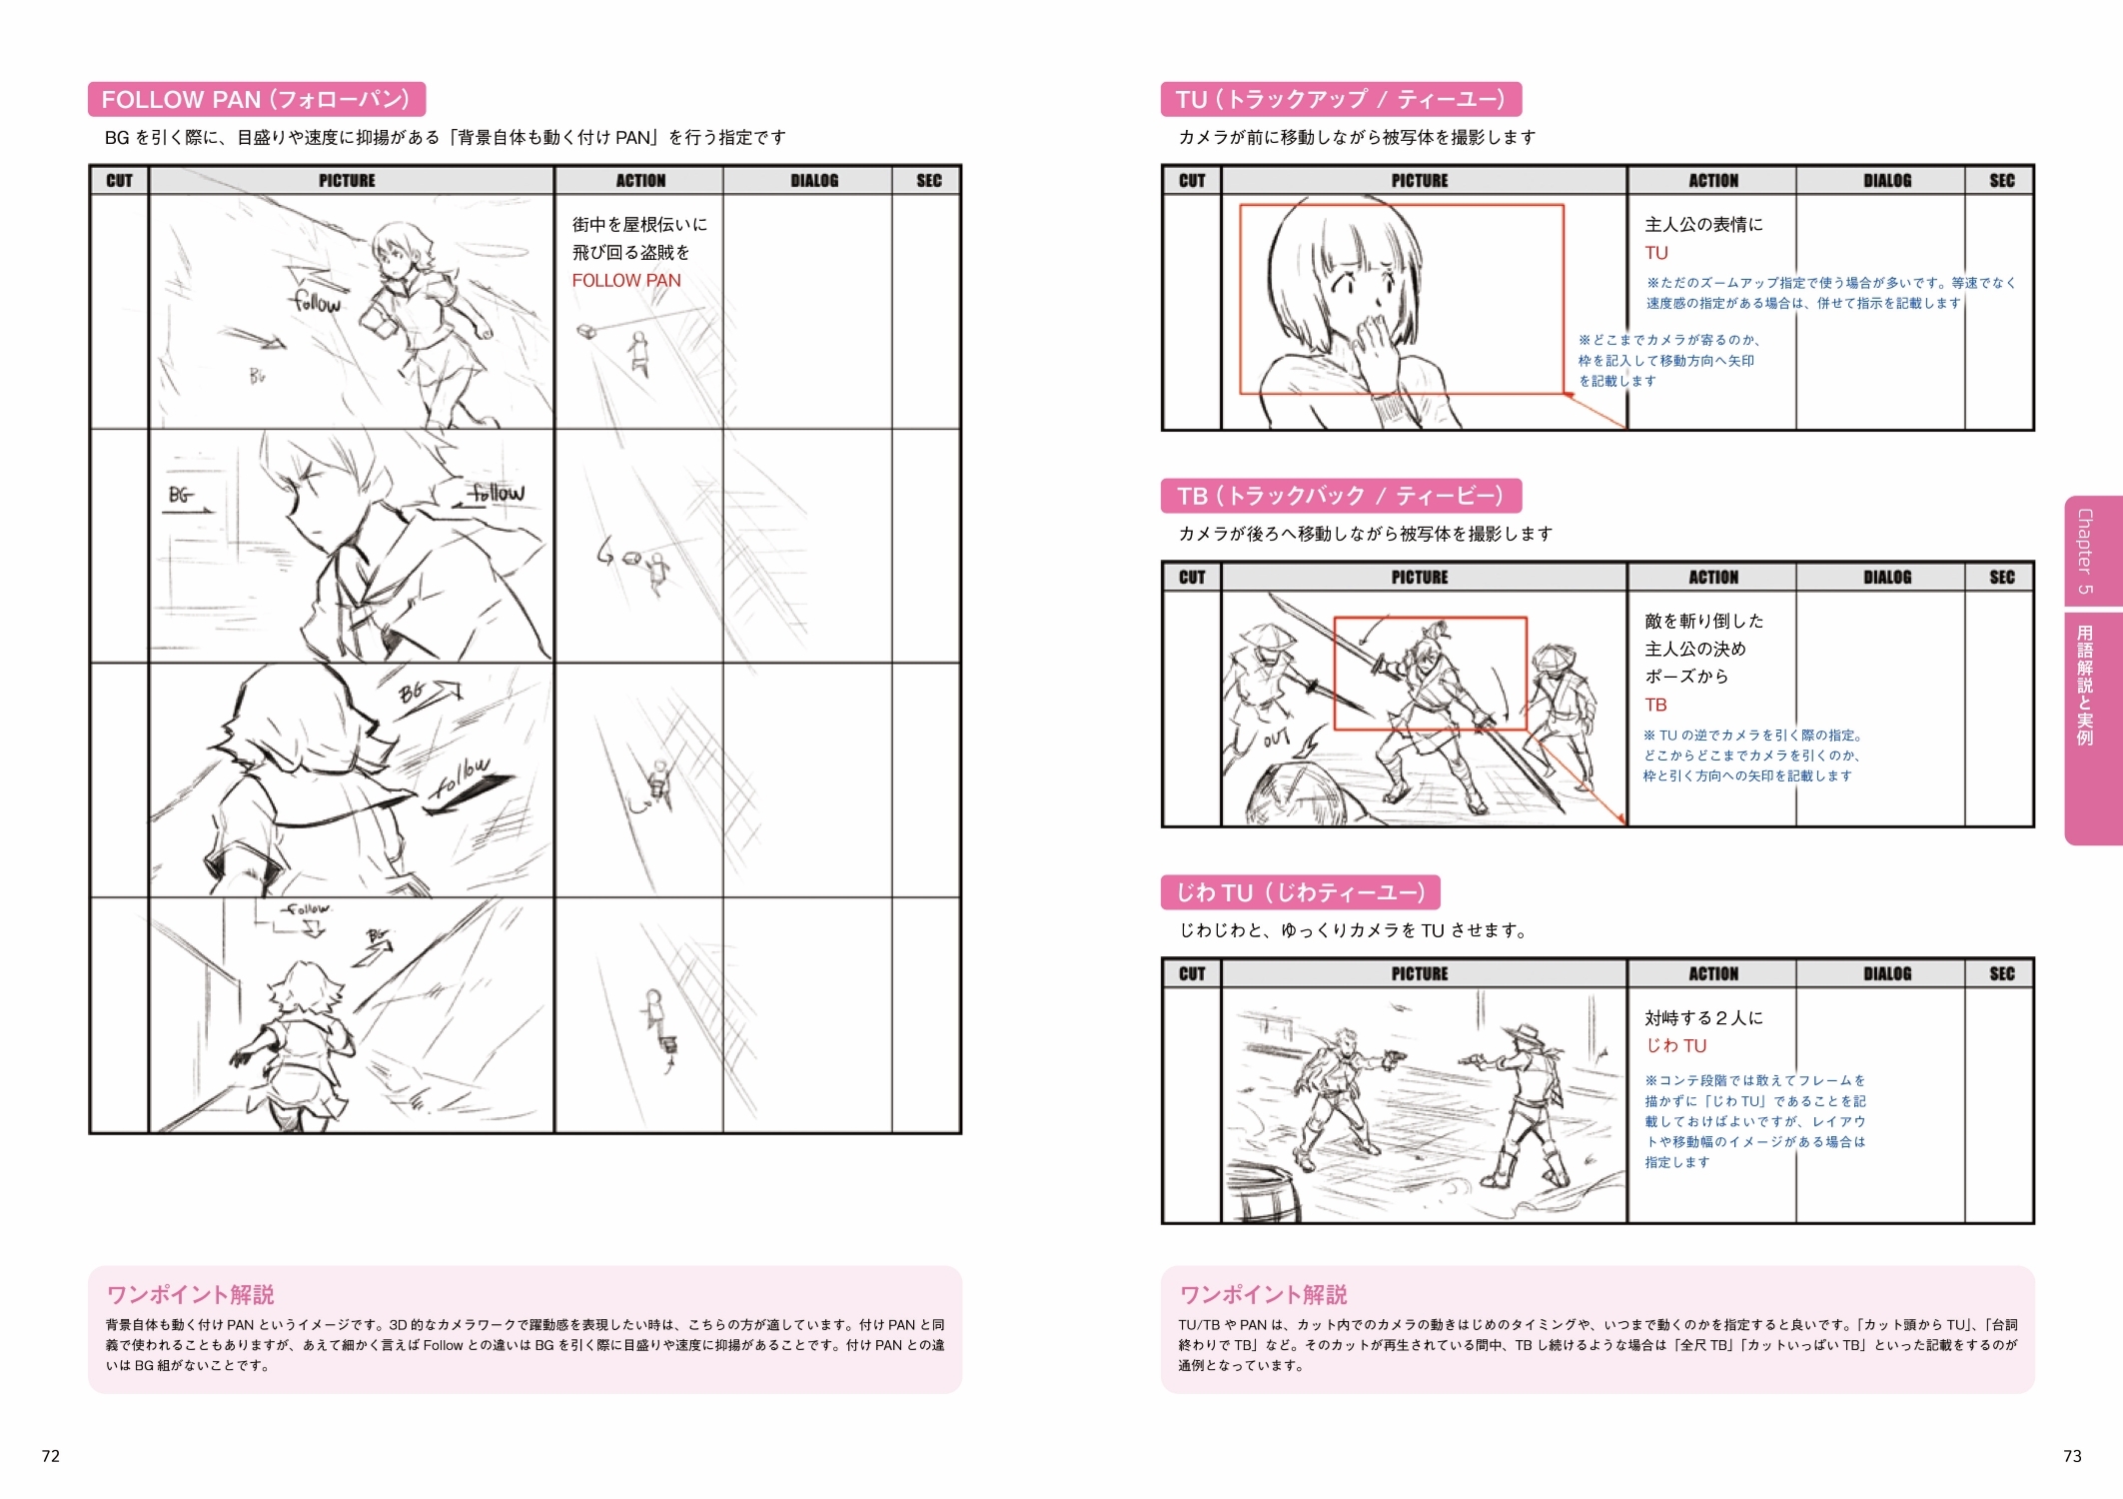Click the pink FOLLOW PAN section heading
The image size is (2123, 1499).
click(x=257, y=99)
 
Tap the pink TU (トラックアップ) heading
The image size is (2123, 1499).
click(x=1341, y=99)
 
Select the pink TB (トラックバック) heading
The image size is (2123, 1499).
click(x=1341, y=496)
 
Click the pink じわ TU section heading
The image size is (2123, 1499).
click(x=1300, y=892)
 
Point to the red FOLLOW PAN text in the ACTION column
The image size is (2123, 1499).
click(x=626, y=281)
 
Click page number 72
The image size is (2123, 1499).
click(x=51, y=1456)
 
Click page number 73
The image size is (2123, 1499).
click(x=2072, y=1456)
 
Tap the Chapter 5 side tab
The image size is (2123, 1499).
click(x=2092, y=551)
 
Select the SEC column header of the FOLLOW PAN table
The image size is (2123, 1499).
click(x=929, y=181)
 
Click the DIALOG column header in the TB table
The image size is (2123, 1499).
click(x=1887, y=578)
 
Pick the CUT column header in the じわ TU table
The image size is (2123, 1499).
click(x=1192, y=974)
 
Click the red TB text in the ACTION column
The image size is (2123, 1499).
click(x=1656, y=706)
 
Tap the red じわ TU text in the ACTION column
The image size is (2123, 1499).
click(x=1676, y=1046)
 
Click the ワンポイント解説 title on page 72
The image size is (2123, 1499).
click(x=191, y=1295)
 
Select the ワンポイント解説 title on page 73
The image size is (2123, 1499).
click(x=1264, y=1295)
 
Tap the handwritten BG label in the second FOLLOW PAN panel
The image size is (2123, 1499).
click(x=180, y=495)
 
